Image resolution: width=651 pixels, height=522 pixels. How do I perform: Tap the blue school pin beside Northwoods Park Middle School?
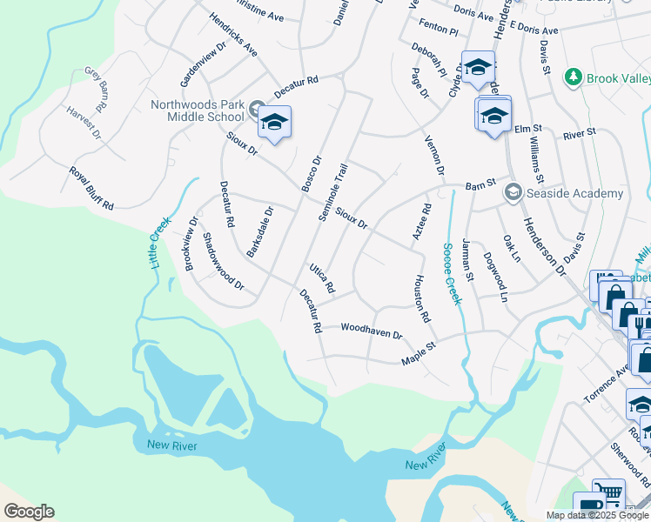[273, 122]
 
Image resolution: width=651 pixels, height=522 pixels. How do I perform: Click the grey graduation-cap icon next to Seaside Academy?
[513, 192]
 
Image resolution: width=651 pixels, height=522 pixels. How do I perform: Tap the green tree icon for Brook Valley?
[573, 78]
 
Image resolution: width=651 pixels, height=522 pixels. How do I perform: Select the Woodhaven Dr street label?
[371, 331]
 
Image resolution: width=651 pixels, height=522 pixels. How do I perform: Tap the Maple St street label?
[418, 358]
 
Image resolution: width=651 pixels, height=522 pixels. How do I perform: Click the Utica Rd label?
[322, 276]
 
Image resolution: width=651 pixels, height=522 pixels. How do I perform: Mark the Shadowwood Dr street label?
[223, 261]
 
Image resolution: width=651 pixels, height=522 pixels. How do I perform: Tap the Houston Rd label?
[421, 298]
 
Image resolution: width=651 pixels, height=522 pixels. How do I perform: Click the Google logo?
[28, 512]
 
